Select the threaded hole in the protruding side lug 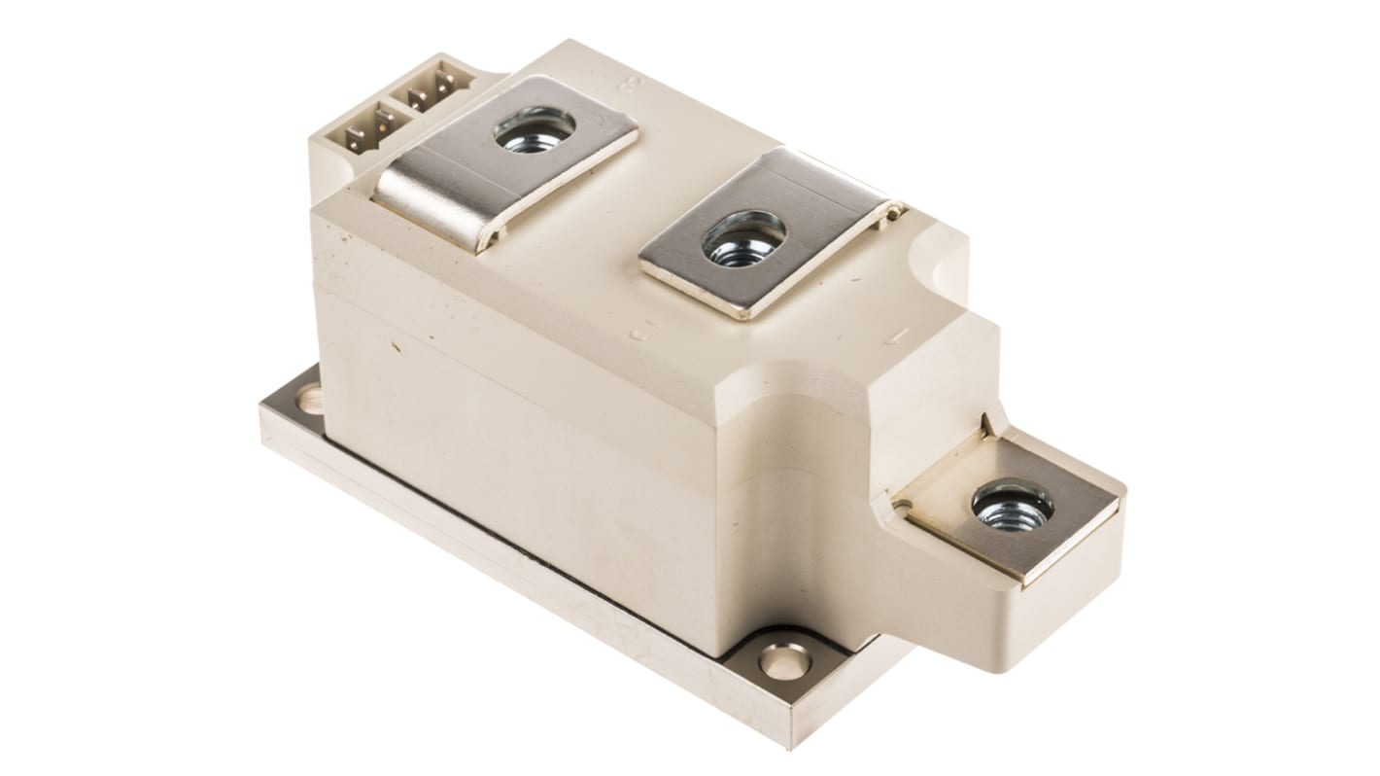[x=1013, y=507]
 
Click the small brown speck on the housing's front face [x=395, y=344]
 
